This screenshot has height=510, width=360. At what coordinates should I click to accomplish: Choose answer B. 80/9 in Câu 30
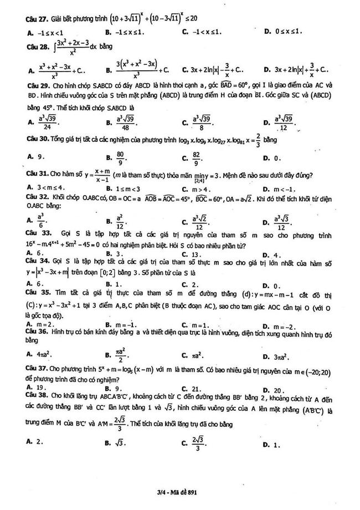(116, 158)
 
